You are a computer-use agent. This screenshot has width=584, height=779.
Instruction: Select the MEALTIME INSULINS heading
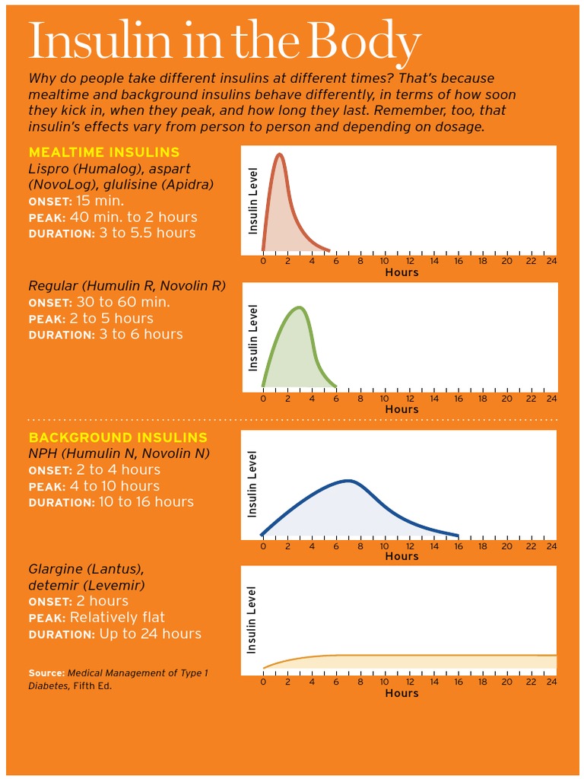[104, 152]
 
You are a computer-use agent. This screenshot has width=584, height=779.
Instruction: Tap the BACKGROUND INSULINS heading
[118, 437]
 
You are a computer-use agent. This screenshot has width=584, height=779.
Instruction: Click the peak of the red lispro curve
[279, 154]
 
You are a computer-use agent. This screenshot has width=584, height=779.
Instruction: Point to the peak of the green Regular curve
[299, 307]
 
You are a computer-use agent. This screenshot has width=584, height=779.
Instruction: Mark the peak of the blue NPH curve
[349, 481]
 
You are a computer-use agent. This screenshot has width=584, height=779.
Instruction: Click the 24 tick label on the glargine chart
[551, 682]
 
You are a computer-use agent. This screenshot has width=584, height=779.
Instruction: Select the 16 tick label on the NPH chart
[458, 547]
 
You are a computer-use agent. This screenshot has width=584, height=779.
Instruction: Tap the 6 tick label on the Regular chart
[336, 399]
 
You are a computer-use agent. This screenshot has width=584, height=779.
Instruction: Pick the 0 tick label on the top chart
[263, 262]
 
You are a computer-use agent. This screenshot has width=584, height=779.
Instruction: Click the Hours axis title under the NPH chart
[401, 556]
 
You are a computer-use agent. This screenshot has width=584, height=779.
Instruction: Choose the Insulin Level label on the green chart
[252, 338]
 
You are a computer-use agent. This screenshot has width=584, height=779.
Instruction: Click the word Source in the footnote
[46, 673]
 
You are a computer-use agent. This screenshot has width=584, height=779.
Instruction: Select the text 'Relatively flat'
[117, 618]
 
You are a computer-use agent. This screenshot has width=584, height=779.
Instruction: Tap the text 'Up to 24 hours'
[150, 634]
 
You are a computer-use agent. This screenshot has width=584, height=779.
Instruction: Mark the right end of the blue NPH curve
[458, 536]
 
